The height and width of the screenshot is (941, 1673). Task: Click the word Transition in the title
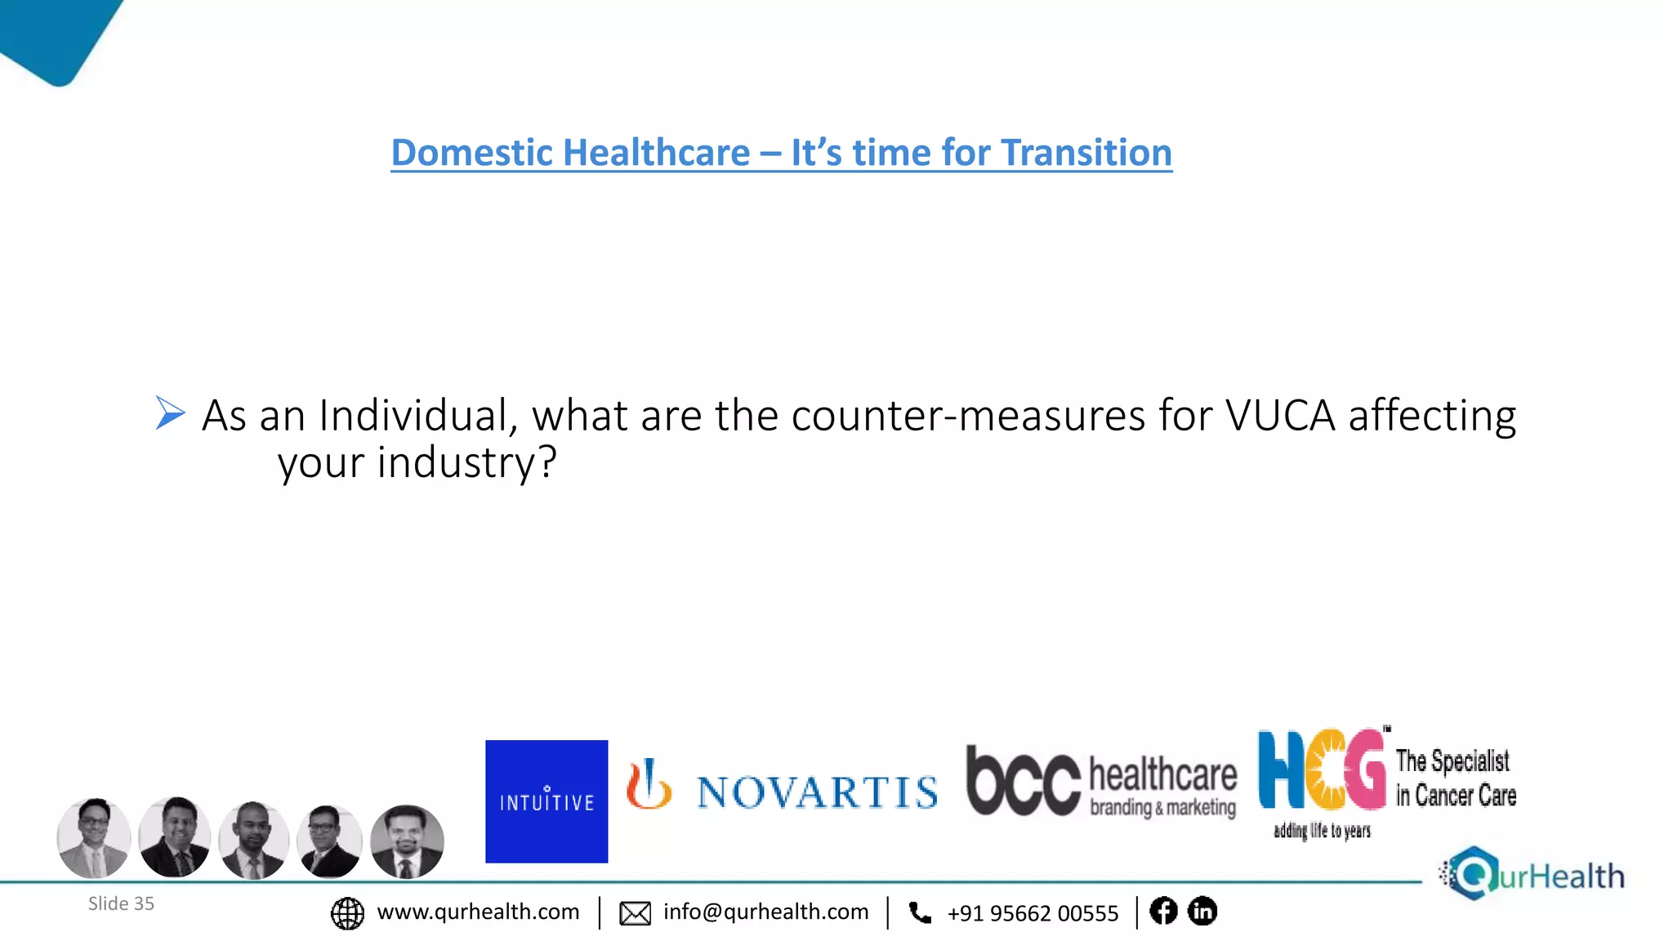pos(1086,153)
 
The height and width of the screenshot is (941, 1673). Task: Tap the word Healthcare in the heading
pos(657,153)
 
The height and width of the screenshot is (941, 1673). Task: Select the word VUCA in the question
pos(1280,415)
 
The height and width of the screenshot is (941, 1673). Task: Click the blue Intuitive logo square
pos(547,801)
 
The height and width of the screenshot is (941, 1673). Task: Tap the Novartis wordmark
pos(817,792)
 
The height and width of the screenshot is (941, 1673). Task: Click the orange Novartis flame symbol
pos(649,785)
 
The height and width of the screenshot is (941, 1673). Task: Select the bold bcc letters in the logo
pos(1023,781)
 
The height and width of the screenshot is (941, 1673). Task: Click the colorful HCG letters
pos(1322,769)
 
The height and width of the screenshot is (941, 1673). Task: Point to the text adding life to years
pos(1322,832)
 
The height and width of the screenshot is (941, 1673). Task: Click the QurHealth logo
pos(1532,875)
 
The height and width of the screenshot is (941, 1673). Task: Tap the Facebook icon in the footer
pos(1163,911)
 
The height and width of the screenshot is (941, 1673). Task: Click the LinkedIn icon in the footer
pos(1202,911)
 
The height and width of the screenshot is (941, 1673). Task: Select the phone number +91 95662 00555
pos(1033,913)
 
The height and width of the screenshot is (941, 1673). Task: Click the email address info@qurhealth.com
pos(765,912)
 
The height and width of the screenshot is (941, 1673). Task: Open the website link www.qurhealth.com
pos(478,912)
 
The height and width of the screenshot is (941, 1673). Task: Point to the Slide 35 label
pos(121,903)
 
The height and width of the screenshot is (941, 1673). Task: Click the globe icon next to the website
pos(347,913)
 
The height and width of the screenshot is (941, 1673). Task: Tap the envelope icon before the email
pos(635,913)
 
